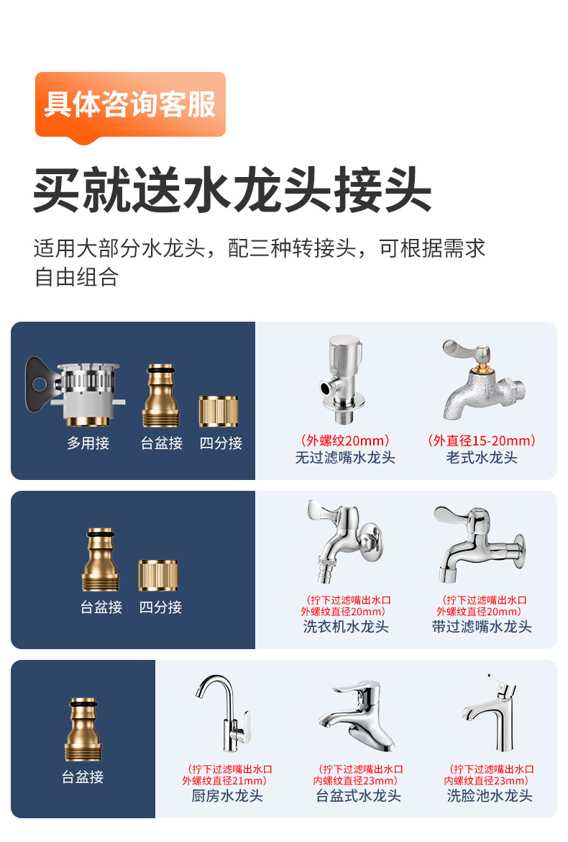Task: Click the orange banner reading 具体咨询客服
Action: coord(130,106)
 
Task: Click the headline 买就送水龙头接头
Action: coord(232,190)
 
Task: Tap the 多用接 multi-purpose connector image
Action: coord(75,391)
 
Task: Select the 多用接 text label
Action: coord(88,443)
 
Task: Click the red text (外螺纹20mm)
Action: coord(345,441)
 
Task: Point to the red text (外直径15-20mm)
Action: coord(482,441)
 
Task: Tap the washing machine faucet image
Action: coord(344,540)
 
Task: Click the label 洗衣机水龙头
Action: coord(346,627)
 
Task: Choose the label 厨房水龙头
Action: coord(227,796)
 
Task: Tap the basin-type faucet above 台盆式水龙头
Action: coord(357,716)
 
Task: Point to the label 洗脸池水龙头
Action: coord(490,796)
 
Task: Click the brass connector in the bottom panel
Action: coord(83,729)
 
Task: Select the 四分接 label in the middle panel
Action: coord(160,607)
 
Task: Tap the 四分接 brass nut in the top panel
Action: coord(219,412)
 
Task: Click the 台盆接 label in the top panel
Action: coord(162,443)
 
